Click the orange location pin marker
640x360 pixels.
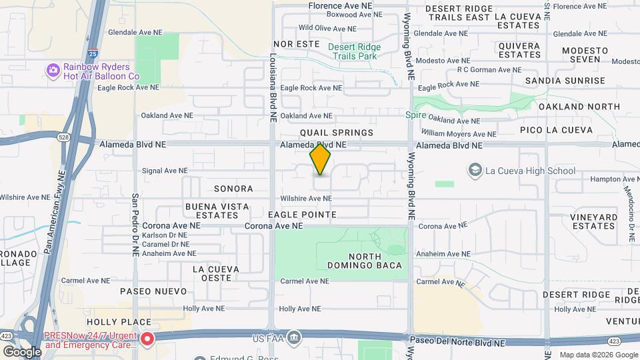pos(321,160)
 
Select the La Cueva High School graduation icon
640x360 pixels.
pos(475,170)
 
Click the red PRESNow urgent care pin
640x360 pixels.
pos(147,339)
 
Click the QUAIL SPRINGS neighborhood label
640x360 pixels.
pos(337,133)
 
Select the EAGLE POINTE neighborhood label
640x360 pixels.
pos(302,215)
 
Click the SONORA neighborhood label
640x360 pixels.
pos(233,189)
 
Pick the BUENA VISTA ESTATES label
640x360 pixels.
pos(212,210)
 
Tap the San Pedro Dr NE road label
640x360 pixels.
pos(135,225)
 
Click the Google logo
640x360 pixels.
pos(21,351)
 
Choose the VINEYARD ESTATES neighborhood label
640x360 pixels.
pos(593,221)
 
